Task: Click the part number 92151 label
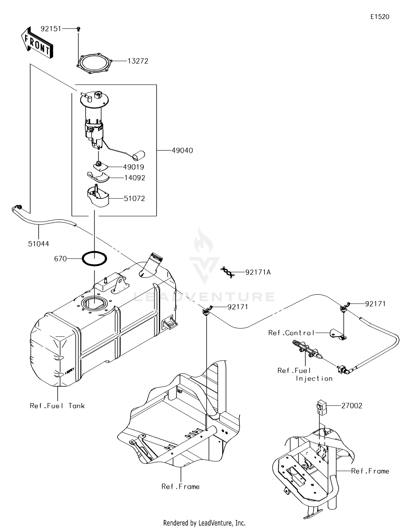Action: pos(51,29)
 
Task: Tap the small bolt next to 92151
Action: pos(79,29)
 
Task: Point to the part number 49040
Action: pos(182,150)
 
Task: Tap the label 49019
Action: pos(133,167)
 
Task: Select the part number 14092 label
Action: pos(135,178)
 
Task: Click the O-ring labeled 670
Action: pos(95,259)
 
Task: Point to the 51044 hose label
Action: pos(38,244)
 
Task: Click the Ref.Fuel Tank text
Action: pos(57,406)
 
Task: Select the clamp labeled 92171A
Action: pos(228,272)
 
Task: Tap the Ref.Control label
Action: pos(291,333)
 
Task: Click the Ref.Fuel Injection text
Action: pos(305,374)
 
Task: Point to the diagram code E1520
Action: pos(380,17)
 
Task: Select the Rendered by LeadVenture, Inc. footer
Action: pos(204,523)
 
